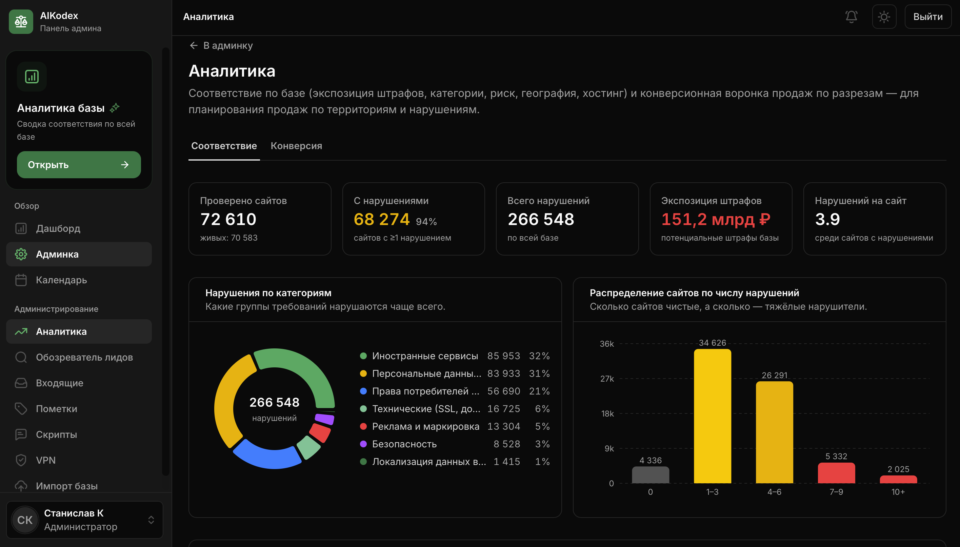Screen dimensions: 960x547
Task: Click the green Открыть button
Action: point(79,165)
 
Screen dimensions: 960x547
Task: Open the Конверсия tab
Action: point(296,146)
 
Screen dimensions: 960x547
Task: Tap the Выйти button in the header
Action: point(928,17)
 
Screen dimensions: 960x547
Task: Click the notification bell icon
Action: point(851,17)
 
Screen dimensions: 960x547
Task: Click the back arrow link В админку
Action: point(221,45)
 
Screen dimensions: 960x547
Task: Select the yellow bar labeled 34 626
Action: point(713,416)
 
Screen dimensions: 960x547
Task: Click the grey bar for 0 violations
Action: point(651,475)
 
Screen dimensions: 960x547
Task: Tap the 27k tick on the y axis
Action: point(607,379)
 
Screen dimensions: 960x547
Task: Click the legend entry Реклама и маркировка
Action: point(425,426)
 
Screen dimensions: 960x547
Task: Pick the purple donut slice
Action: point(325,419)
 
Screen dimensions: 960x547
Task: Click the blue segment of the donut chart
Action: point(267,455)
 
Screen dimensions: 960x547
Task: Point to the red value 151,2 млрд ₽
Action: point(716,219)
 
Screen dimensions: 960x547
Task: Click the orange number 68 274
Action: point(381,219)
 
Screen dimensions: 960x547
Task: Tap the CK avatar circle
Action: point(25,520)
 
